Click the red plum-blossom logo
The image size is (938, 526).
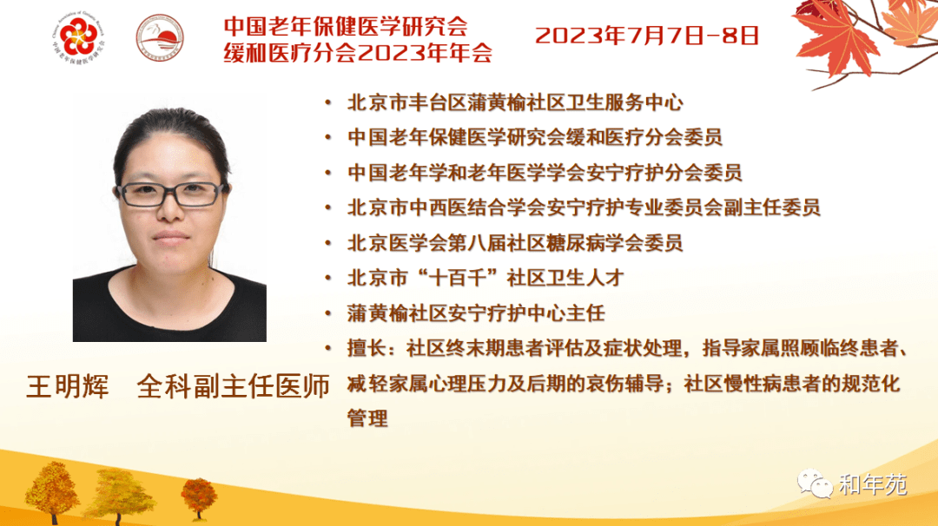(78, 36)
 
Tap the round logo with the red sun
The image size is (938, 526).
(160, 37)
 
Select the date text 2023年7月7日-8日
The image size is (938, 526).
(647, 36)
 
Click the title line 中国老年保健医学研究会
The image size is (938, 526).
(346, 26)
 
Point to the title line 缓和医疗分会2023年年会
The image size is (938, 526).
(358, 53)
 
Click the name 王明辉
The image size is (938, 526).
(68, 386)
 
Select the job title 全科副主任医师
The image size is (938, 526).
(234, 386)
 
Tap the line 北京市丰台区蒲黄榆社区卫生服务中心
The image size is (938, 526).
(515, 102)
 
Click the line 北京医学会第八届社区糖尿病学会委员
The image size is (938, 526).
(515, 243)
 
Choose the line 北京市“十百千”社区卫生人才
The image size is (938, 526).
(486, 278)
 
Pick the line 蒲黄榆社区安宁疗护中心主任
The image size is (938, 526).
(476, 313)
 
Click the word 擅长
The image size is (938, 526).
(367, 348)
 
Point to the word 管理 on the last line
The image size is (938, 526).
(367, 418)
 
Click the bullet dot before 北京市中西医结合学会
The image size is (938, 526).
(327, 208)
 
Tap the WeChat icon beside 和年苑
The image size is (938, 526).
(815, 483)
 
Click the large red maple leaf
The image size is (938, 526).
(835, 37)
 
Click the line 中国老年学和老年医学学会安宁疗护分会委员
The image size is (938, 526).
(545, 173)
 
